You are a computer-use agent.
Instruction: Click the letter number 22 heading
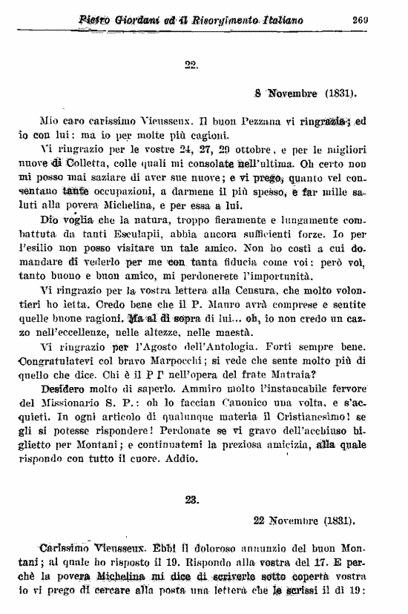(191, 64)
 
